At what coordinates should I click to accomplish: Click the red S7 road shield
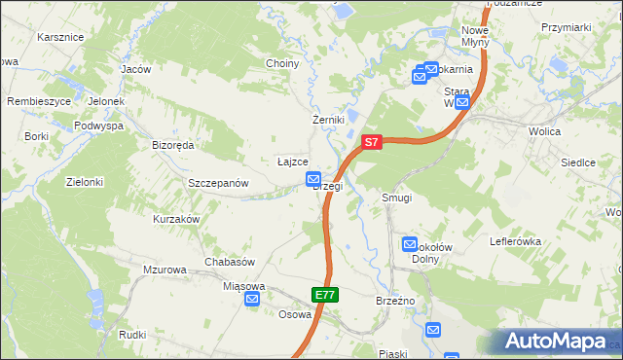point(371,142)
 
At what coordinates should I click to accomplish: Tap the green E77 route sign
point(325,294)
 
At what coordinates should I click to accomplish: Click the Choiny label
point(282,63)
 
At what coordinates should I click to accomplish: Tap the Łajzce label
point(293,162)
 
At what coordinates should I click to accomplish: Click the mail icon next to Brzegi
point(313,179)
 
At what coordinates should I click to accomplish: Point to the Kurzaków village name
point(176,219)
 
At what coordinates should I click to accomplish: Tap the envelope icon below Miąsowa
point(252,300)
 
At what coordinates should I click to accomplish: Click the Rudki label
point(132,335)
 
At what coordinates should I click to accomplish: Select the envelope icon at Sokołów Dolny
point(410,245)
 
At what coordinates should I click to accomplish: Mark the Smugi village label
point(397,198)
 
